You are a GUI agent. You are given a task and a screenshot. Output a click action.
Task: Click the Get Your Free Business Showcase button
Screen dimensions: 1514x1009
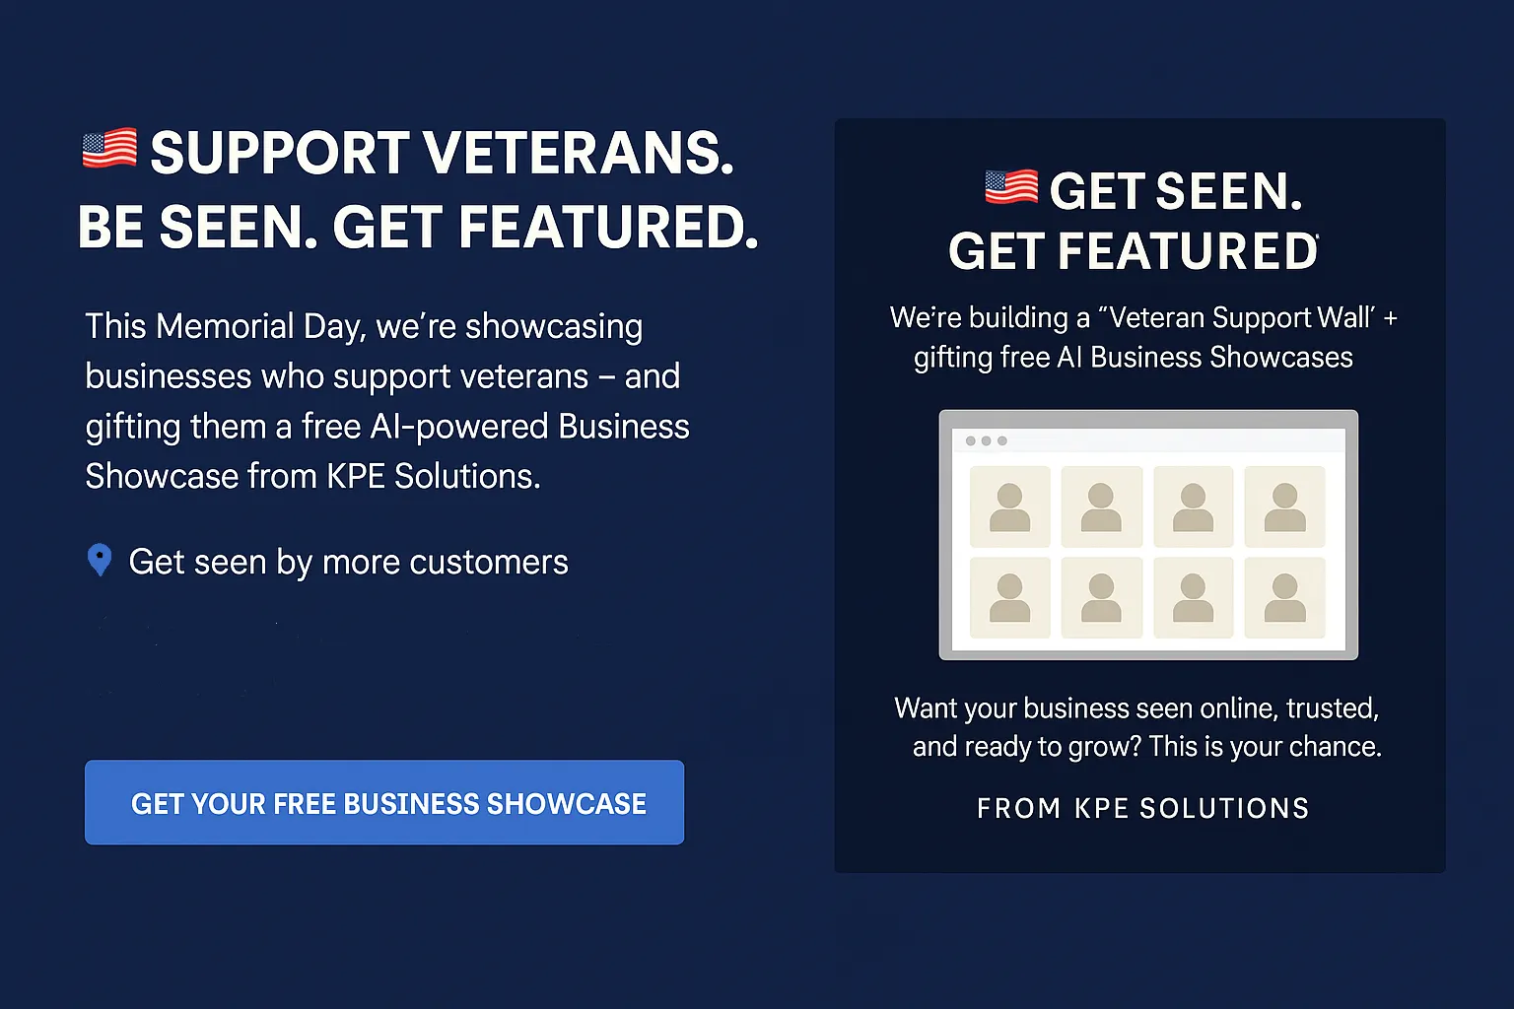click(x=383, y=802)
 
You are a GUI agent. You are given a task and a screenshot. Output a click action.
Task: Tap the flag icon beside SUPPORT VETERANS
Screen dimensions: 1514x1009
click(x=109, y=148)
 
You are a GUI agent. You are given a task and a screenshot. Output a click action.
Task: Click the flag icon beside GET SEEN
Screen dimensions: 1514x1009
click(x=1011, y=186)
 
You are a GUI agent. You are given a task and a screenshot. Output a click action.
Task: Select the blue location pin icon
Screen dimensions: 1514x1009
click(x=100, y=560)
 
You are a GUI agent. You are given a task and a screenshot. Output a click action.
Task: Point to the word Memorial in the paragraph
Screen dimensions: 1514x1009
click(x=225, y=326)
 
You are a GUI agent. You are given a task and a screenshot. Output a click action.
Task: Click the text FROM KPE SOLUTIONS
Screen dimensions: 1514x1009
click(x=1143, y=808)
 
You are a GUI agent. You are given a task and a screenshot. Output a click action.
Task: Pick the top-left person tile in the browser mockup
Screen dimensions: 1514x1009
click(x=1009, y=506)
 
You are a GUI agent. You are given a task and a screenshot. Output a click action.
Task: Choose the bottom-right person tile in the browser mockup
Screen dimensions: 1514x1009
click(x=1285, y=597)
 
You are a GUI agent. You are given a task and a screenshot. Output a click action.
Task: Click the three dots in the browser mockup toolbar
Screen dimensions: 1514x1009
click(x=986, y=440)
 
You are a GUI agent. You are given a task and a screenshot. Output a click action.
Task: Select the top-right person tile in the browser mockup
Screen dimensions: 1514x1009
click(x=1285, y=506)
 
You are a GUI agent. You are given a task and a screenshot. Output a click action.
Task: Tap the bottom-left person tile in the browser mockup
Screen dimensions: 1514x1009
click(x=1009, y=597)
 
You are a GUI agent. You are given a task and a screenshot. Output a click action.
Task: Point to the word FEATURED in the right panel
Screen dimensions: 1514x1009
click(x=1188, y=251)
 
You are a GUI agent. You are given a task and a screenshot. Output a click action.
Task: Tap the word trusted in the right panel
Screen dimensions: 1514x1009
click(x=1333, y=708)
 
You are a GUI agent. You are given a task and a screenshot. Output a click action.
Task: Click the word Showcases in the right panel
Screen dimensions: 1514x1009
click(x=1280, y=358)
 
